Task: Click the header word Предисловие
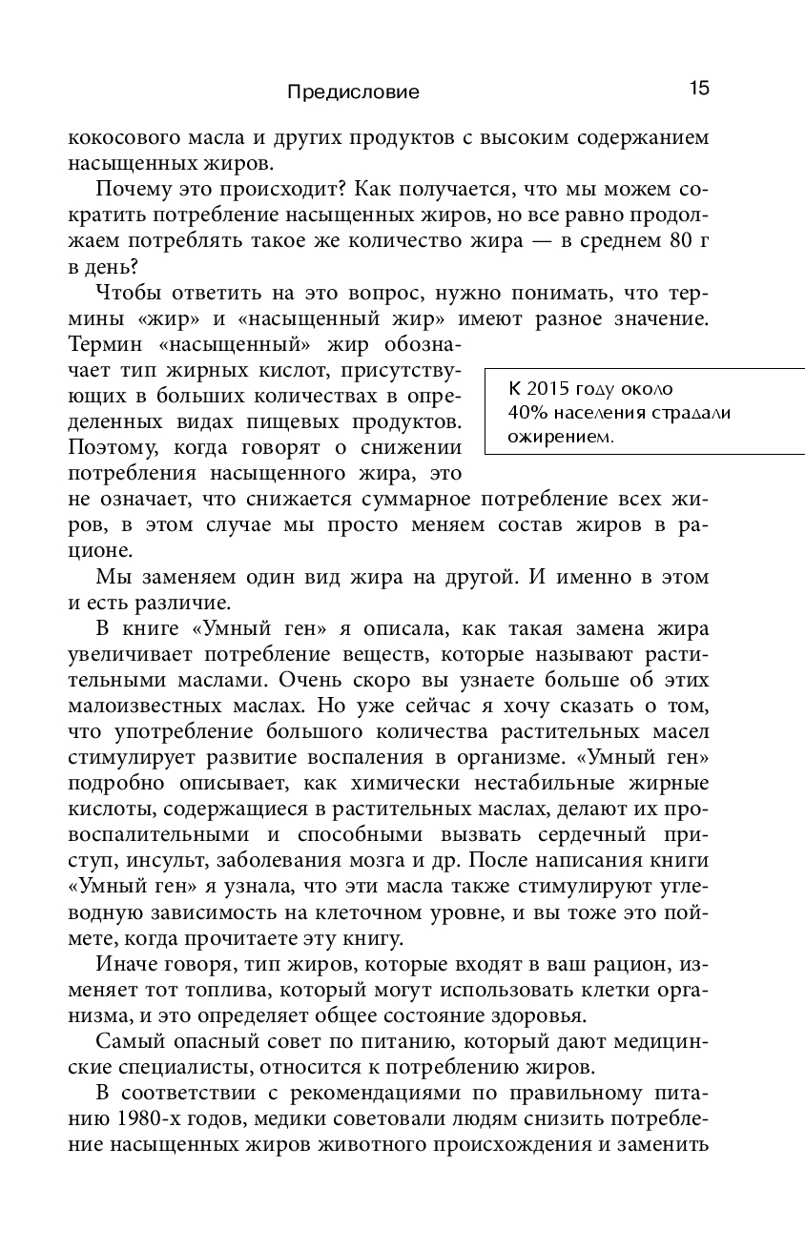[353, 92]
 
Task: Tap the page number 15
[698, 89]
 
